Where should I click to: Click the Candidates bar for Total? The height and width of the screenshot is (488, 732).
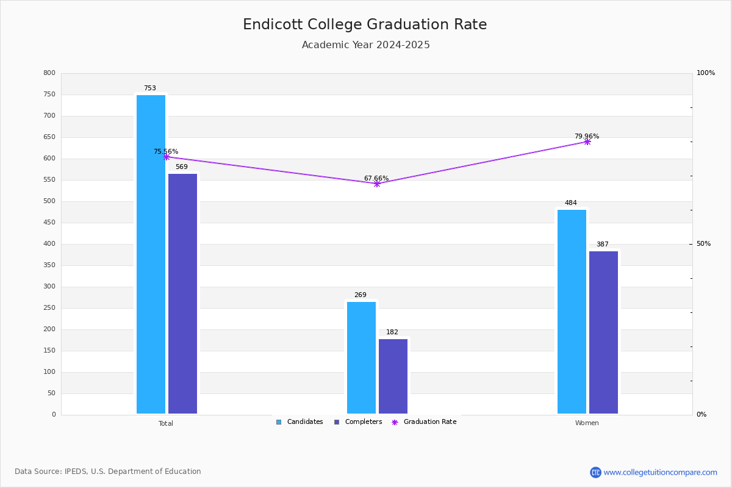151,254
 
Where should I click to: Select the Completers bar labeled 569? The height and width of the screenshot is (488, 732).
182,293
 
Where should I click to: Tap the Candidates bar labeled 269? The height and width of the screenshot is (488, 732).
361,357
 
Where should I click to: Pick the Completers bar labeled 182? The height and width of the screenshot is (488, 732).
393,376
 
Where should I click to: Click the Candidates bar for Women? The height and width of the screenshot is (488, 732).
572,312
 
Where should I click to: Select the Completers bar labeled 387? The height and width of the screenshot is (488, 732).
603,332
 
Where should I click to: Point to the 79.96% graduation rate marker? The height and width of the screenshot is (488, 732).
587,142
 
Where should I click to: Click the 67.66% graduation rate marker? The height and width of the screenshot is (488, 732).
377,184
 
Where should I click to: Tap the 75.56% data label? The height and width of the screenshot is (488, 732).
166,151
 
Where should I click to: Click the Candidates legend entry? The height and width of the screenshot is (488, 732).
300,422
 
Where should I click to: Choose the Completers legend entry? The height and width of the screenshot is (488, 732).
358,422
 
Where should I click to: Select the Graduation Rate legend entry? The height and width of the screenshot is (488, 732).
424,422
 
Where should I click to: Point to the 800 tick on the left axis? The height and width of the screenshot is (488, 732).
49,73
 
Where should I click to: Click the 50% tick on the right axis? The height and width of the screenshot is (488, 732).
703,244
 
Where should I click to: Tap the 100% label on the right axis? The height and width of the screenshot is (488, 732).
706,73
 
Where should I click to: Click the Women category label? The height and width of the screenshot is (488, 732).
587,423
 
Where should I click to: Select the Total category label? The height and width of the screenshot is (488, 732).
166,423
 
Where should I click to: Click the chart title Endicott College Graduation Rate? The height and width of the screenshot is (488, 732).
365,24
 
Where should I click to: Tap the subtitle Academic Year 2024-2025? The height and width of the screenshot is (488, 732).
365,45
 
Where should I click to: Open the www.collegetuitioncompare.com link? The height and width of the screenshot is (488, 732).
660,472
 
